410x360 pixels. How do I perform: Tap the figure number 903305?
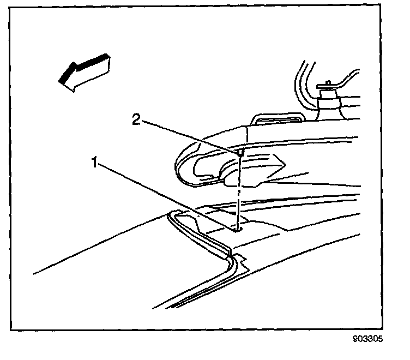point(369,339)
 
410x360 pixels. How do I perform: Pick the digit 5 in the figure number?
point(381,339)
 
